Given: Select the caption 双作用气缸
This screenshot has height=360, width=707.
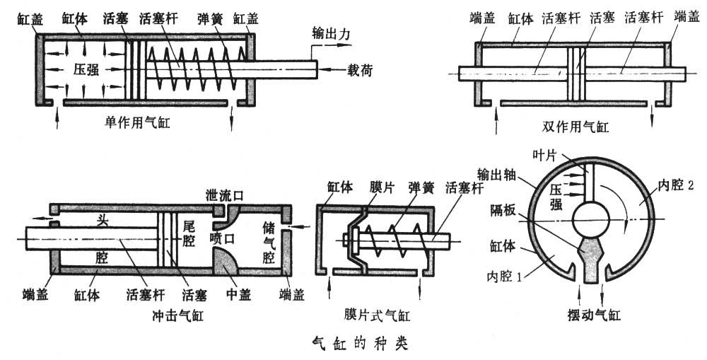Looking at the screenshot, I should pyautogui.click(x=573, y=127).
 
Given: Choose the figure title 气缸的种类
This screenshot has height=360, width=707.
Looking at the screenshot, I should pyautogui.click(x=359, y=344).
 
